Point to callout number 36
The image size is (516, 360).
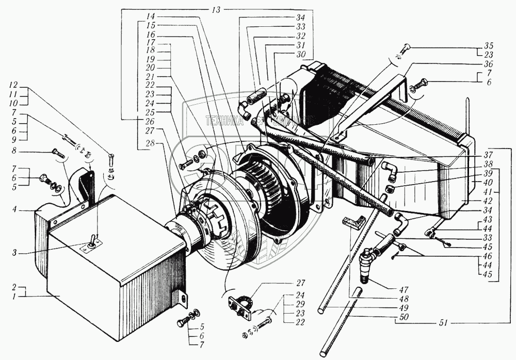[x=488, y=64]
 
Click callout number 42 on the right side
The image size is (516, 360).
[x=488, y=200]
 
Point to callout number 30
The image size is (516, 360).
[x=300, y=55]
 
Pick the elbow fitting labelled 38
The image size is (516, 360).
[x=390, y=170]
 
